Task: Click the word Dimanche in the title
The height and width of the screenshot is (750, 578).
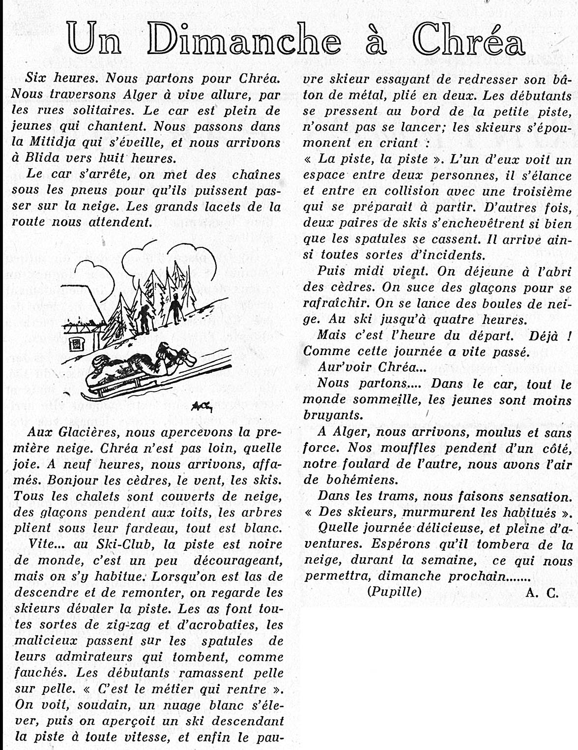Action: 244,39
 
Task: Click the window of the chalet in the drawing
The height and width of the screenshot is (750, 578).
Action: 75,344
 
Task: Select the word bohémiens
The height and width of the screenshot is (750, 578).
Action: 361,480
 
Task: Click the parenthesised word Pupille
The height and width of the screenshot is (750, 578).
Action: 394,592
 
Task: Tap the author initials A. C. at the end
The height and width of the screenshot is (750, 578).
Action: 542,593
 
